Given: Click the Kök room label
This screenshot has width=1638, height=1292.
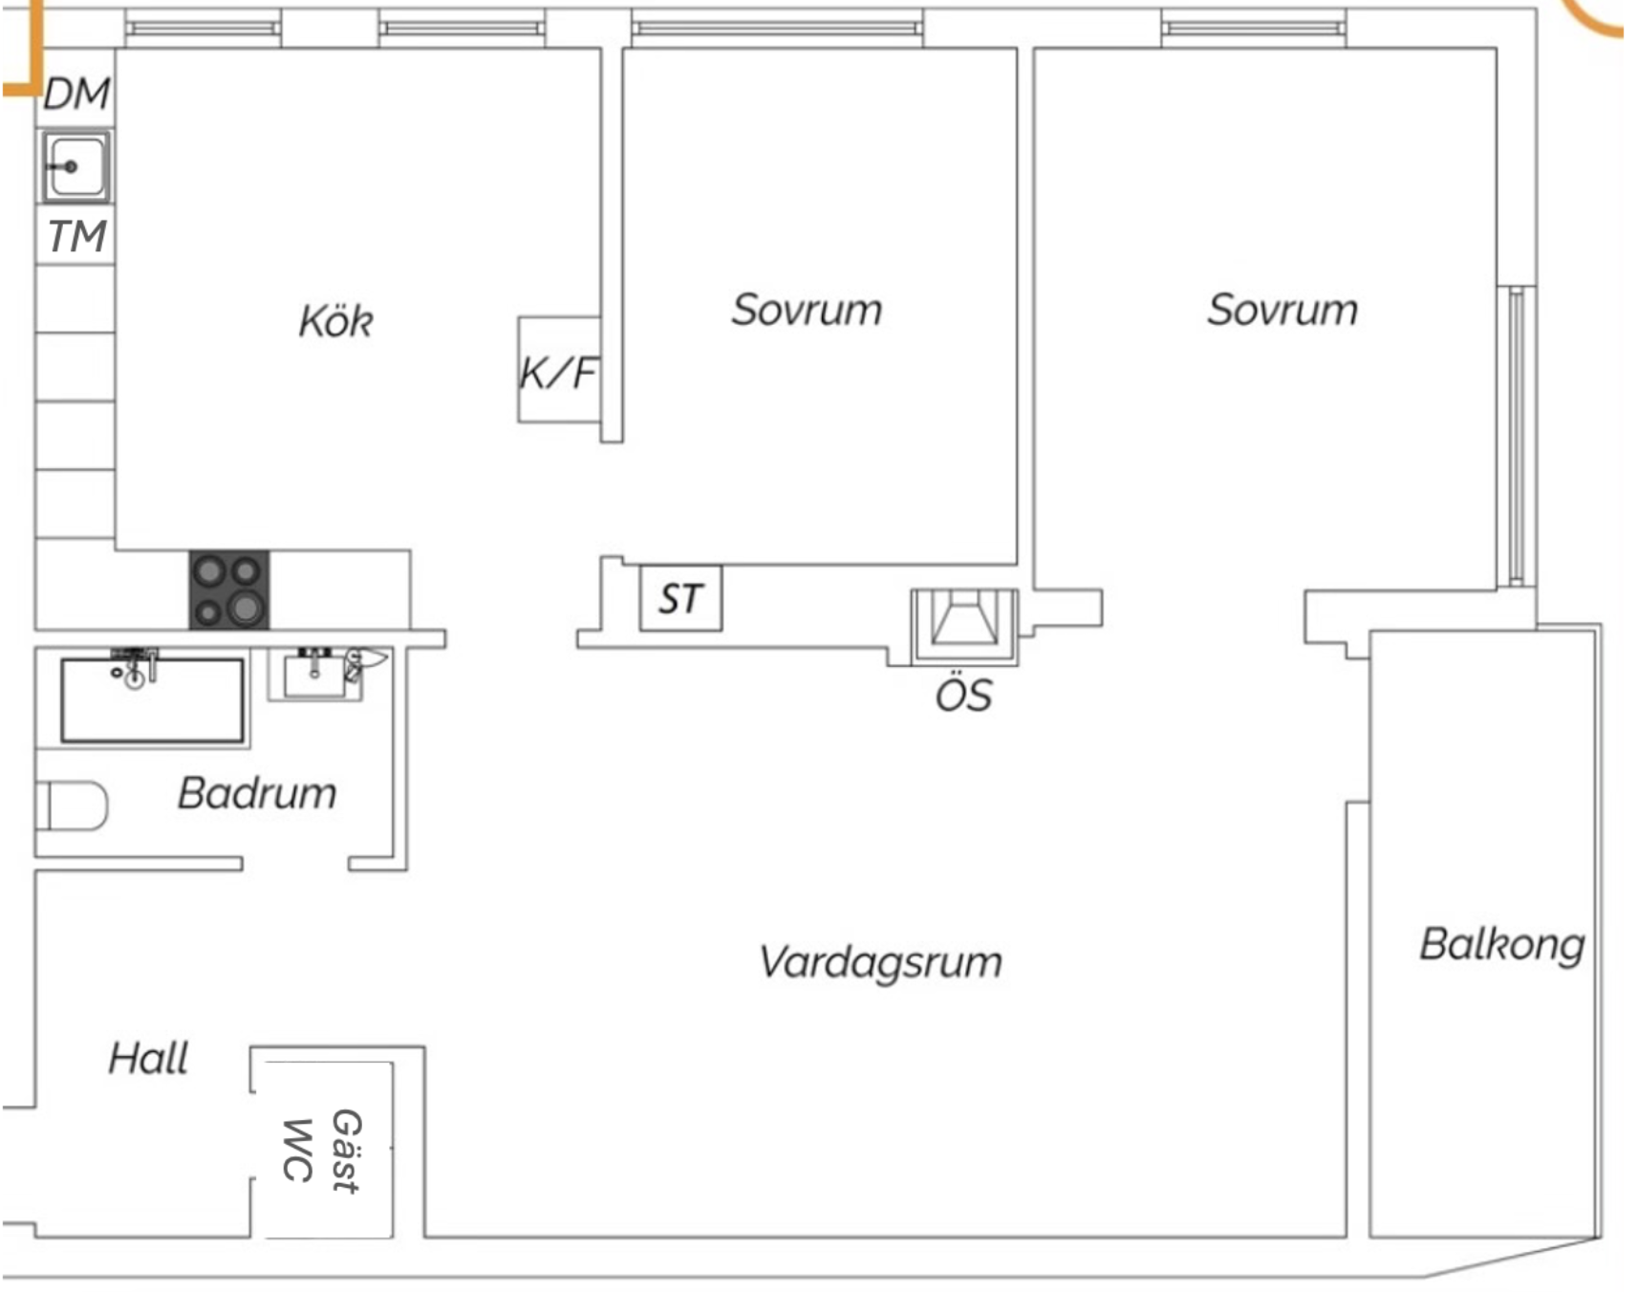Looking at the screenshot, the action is (335, 320).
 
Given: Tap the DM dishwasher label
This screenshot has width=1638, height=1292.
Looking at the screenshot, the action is (76, 94).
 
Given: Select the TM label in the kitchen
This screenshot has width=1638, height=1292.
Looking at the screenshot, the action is (76, 236).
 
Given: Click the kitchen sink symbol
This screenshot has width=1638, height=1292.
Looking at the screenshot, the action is (75, 166).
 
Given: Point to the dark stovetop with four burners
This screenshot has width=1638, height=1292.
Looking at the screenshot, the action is (228, 590).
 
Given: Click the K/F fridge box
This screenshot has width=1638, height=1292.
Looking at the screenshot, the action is (559, 370).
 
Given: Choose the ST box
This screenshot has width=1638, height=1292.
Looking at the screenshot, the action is (680, 598).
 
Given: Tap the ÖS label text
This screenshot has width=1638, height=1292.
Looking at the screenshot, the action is (963, 695).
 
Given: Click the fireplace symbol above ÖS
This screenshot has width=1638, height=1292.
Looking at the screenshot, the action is (965, 626).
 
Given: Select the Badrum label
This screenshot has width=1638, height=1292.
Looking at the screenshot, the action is (257, 793).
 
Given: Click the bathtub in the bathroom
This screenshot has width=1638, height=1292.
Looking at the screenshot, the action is (152, 700).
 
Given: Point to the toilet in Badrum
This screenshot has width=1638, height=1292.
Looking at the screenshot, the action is (72, 806).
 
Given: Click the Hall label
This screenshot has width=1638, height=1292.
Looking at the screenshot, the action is (148, 1058).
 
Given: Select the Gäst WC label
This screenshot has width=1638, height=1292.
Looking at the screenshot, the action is (322, 1151).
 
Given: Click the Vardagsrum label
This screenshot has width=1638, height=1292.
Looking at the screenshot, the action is (880, 962).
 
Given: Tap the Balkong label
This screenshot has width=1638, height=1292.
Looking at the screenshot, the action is (1501, 945).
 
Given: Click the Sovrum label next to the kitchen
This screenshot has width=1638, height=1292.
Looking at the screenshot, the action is (807, 310).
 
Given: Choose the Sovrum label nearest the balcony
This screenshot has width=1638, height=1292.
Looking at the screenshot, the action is (1282, 310).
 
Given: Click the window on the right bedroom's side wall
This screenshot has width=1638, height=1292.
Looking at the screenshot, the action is (1516, 436).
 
